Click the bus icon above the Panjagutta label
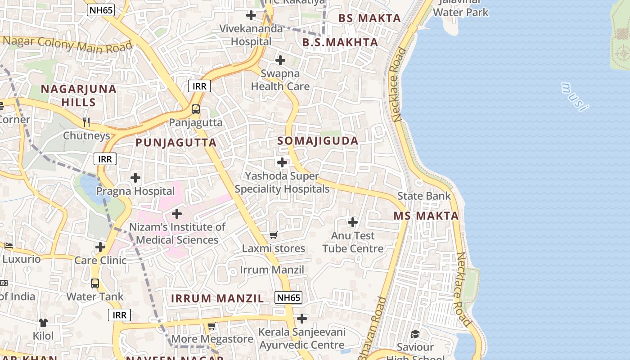[x=196, y=109]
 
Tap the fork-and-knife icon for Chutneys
[x=86, y=122]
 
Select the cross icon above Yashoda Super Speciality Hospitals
[x=282, y=162]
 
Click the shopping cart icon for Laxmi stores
[x=273, y=235]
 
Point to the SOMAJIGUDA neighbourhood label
[x=318, y=141]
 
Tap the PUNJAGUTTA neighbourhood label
[x=176, y=143]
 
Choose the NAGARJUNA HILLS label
[x=79, y=95]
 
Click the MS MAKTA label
[x=426, y=216]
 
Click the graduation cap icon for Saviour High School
[x=415, y=334]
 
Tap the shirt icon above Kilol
[x=43, y=323]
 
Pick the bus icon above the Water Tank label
[x=95, y=283]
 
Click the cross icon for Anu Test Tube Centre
[x=353, y=222]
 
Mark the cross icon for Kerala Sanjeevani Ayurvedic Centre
[x=302, y=319]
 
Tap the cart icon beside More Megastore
[x=211, y=326]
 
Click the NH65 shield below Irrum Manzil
[x=288, y=297]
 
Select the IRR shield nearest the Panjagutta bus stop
[x=199, y=86]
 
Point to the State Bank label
[x=423, y=196]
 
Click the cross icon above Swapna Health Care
[x=280, y=60]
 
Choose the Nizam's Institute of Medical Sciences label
[x=177, y=234]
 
